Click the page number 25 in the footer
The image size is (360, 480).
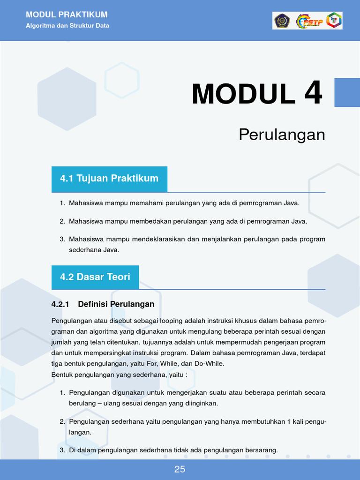click(180, 469)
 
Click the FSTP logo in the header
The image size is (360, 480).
click(309, 21)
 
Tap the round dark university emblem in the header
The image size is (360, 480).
click(282, 21)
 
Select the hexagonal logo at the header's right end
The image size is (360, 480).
click(334, 21)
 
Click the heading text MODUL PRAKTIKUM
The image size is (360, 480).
click(67, 15)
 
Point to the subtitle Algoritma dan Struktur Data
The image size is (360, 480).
click(67, 26)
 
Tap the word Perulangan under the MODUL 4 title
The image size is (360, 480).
click(282, 135)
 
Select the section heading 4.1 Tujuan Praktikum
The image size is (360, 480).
click(109, 178)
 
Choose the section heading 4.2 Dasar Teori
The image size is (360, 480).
click(95, 277)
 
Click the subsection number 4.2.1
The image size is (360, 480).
click(60, 304)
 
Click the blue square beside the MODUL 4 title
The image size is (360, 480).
click(347, 92)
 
